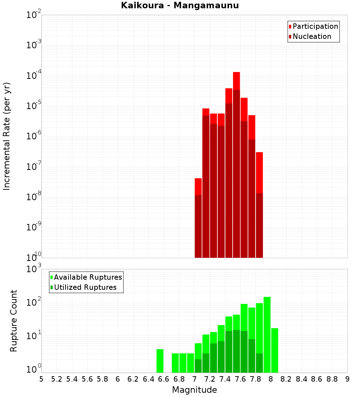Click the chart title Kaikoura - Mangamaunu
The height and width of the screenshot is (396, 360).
pos(180,5)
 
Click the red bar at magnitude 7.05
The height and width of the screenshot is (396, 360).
pos(198,216)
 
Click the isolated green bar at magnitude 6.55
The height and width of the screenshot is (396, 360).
pos(160,361)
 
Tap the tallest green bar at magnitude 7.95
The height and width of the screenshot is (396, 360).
pos(267,335)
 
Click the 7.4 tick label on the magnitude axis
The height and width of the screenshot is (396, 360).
pos(225,379)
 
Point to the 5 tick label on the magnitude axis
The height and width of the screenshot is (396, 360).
pos(41,379)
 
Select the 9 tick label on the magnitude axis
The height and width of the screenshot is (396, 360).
pos(347,379)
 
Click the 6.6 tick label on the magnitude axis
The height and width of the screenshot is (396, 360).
pos(164,379)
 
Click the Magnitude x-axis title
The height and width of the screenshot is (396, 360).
pos(194,390)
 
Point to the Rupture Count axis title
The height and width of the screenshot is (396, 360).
pos(14,320)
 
